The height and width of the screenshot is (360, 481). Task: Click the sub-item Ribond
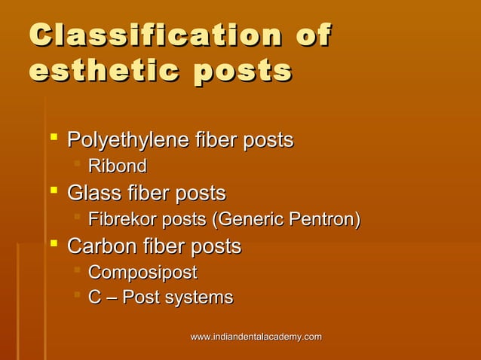coord(117,166)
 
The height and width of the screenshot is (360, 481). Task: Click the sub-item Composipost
coord(142,273)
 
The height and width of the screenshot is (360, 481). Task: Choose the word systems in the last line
coord(197,298)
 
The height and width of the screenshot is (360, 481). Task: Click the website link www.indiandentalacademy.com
coord(256,337)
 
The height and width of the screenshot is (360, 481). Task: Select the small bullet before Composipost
coord(77,271)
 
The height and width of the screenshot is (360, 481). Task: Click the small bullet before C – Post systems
coord(77,297)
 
